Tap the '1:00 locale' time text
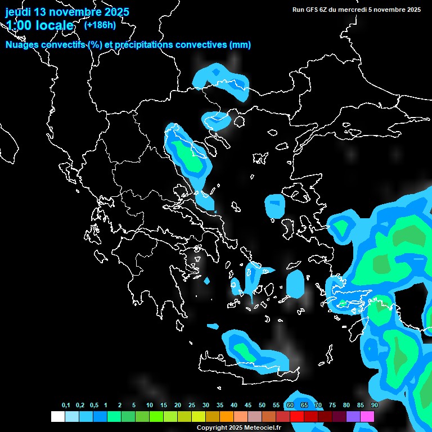[x=39, y=25]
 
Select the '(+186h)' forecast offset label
[x=100, y=25]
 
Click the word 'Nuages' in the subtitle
[x=23, y=45]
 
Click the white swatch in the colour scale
[x=57, y=416]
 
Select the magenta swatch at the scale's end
[x=367, y=416]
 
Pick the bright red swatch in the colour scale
[x=296, y=416]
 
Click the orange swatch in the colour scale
[x=226, y=416]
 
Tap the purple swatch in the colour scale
[x=353, y=416]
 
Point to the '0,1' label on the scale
[x=66, y=406]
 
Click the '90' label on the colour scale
[x=374, y=406]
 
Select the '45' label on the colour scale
[x=248, y=406]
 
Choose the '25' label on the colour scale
[x=192, y=406]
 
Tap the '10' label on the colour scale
[x=149, y=406]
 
